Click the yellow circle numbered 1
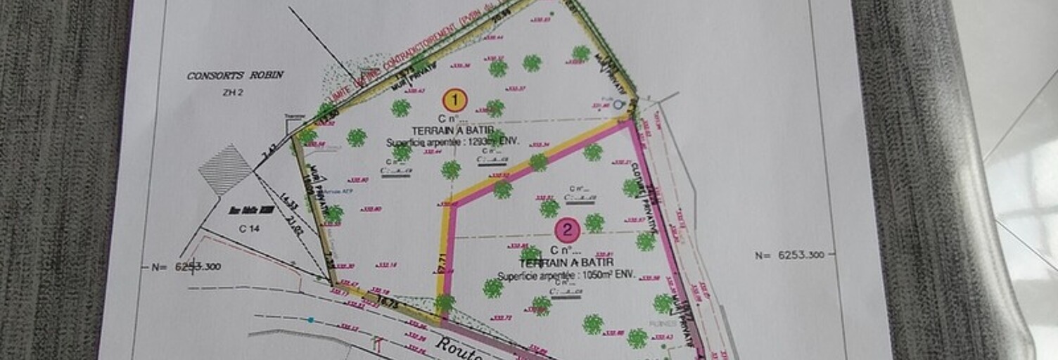[x=455, y=101]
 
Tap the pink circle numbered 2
[x=567, y=230]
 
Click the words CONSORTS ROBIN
[x=235, y=75]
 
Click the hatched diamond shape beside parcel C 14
[x=225, y=169]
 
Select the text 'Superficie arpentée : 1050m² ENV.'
[x=566, y=276]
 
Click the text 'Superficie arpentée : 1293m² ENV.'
[x=452, y=141]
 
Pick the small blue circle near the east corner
[x=618, y=105]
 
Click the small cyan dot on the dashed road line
[x=310, y=320]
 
